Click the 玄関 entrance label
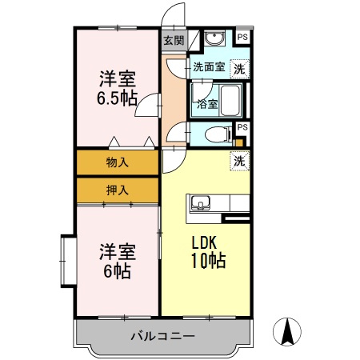(x=174, y=40)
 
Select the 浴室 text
(x=207, y=104)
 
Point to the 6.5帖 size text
(x=117, y=98)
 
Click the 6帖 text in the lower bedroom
(x=117, y=270)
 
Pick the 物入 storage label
(x=117, y=162)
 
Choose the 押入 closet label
(x=117, y=190)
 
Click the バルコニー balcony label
(x=162, y=336)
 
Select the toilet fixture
(x=214, y=134)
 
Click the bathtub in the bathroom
(x=230, y=102)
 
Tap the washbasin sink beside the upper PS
(x=214, y=39)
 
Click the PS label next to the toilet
(x=242, y=127)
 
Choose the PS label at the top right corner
(x=242, y=36)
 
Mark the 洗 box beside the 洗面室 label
(x=238, y=69)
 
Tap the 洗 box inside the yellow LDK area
(x=239, y=161)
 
